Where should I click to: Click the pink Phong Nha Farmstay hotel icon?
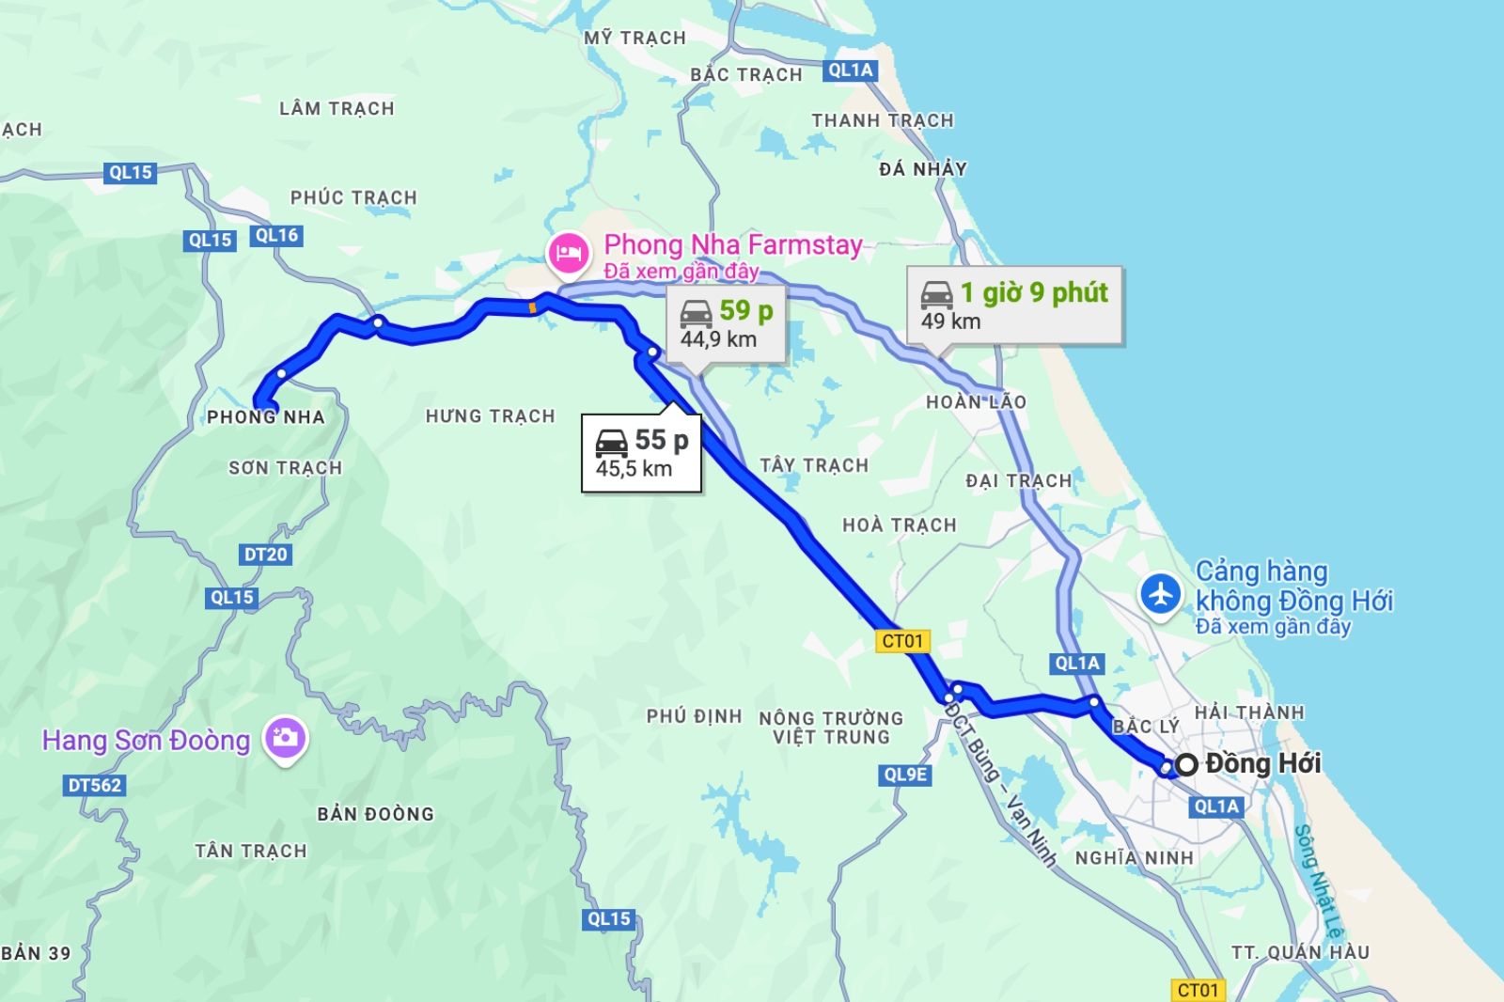click(x=569, y=253)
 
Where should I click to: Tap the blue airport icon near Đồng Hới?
click(x=1162, y=594)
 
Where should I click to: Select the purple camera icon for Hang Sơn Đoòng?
click(x=285, y=738)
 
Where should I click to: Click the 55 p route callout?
click(x=642, y=453)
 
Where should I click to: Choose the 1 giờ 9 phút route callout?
click(x=1014, y=305)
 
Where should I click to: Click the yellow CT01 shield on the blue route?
click(x=903, y=641)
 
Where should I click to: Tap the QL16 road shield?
click(x=276, y=236)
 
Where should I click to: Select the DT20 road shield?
click(x=265, y=555)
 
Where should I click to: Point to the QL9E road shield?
click(x=905, y=775)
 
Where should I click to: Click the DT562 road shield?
click(x=95, y=785)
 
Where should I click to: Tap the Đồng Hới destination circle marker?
click(x=1186, y=764)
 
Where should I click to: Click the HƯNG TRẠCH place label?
click(x=490, y=415)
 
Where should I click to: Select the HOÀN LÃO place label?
click(x=976, y=402)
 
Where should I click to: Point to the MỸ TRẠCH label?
click(x=634, y=38)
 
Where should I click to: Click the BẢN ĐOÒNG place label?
click(x=375, y=814)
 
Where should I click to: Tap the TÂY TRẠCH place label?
click(x=814, y=465)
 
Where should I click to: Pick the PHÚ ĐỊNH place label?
click(x=694, y=716)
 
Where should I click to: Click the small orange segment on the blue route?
click(x=533, y=306)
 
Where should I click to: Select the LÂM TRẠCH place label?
click(x=337, y=108)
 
